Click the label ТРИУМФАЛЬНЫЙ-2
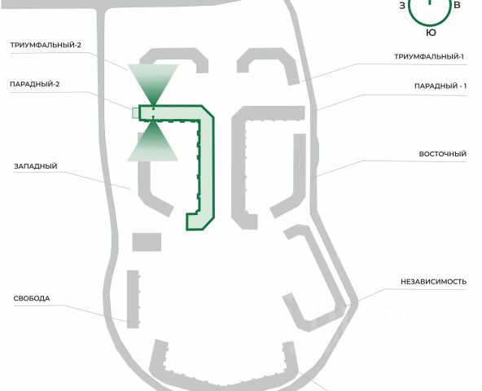click(46, 45)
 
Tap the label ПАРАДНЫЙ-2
click(35, 84)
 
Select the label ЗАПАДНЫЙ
click(36, 166)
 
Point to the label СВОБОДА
click(32, 298)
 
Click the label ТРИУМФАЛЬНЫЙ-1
click(429, 56)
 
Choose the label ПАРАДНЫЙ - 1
click(440, 86)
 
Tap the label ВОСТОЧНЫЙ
click(443, 154)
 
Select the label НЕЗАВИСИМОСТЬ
click(433, 282)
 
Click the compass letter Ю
click(431, 33)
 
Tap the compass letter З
click(402, 6)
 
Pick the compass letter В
click(457, 5)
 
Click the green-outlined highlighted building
click(207, 166)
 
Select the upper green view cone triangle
click(153, 81)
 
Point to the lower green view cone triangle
click(153, 144)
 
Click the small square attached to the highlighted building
click(135, 113)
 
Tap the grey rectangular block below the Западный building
click(147, 242)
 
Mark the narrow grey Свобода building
click(133, 299)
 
